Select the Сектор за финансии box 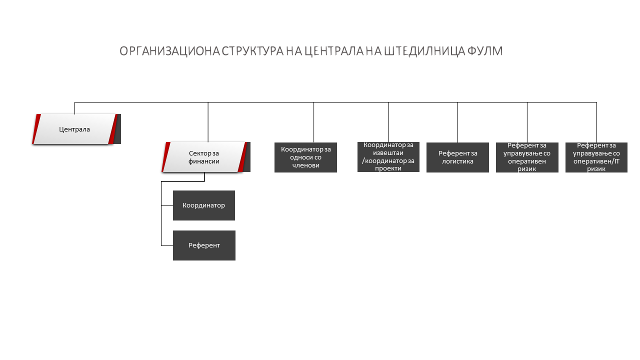205,157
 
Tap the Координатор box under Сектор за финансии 204,205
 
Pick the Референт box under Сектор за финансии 204,245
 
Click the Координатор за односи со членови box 305,157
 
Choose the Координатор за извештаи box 388,157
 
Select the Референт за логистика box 457,157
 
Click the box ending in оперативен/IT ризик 596,157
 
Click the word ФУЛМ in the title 485,51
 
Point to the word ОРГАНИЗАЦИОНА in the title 169,51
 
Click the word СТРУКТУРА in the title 252,51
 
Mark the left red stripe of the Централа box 36,129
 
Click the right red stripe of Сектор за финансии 242,157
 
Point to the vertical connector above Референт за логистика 457,122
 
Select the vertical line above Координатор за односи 313,122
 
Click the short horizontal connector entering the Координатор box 167,205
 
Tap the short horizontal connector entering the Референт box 167,245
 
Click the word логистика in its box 457,161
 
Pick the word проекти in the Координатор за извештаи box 388,168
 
